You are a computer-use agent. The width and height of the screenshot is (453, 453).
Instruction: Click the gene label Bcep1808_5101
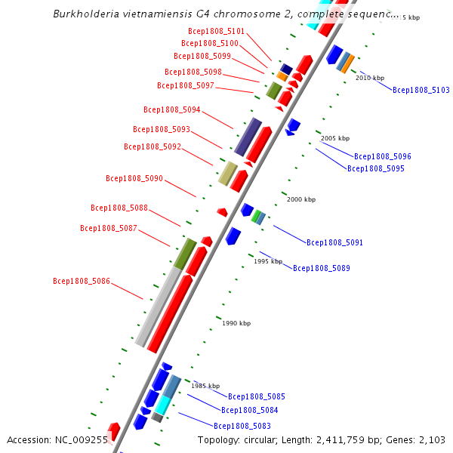(216, 31)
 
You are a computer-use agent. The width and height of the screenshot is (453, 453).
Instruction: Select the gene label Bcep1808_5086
(82, 281)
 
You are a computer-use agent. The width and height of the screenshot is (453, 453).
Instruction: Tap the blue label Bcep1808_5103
(421, 90)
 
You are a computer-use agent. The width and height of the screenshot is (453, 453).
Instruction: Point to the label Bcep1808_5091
(334, 242)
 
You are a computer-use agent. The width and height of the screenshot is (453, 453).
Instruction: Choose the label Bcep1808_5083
(242, 426)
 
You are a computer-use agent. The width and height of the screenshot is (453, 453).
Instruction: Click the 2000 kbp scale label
(300, 199)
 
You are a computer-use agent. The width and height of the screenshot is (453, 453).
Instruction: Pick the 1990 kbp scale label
(236, 323)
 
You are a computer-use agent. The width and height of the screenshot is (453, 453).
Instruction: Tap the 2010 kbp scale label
(370, 78)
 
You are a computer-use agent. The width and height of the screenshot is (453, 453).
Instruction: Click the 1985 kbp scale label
(205, 385)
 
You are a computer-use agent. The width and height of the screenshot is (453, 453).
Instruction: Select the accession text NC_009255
(83, 439)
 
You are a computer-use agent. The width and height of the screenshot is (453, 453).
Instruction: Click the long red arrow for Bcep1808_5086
(169, 313)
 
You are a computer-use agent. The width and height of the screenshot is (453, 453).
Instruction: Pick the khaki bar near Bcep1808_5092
(228, 173)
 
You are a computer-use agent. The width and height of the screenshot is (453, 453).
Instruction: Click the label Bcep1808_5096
(382, 156)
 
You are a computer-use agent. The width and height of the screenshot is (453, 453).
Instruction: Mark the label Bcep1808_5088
(119, 208)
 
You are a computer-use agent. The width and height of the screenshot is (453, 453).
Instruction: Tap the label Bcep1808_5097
(186, 85)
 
